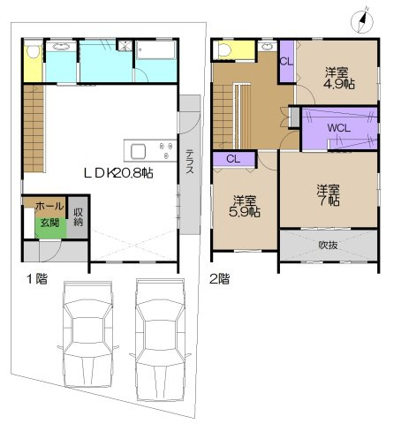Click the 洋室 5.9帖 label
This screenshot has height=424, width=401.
[245, 205]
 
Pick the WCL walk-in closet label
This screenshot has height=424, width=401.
[337, 129]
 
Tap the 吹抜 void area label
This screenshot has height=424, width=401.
[329, 244]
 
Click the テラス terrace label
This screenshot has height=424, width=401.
[190, 164]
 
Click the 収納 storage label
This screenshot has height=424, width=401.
[79, 217]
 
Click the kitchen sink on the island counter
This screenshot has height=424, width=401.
[139, 148]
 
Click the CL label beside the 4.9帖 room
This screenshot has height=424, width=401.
[286, 61]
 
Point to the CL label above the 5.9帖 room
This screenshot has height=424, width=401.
[234, 159]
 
